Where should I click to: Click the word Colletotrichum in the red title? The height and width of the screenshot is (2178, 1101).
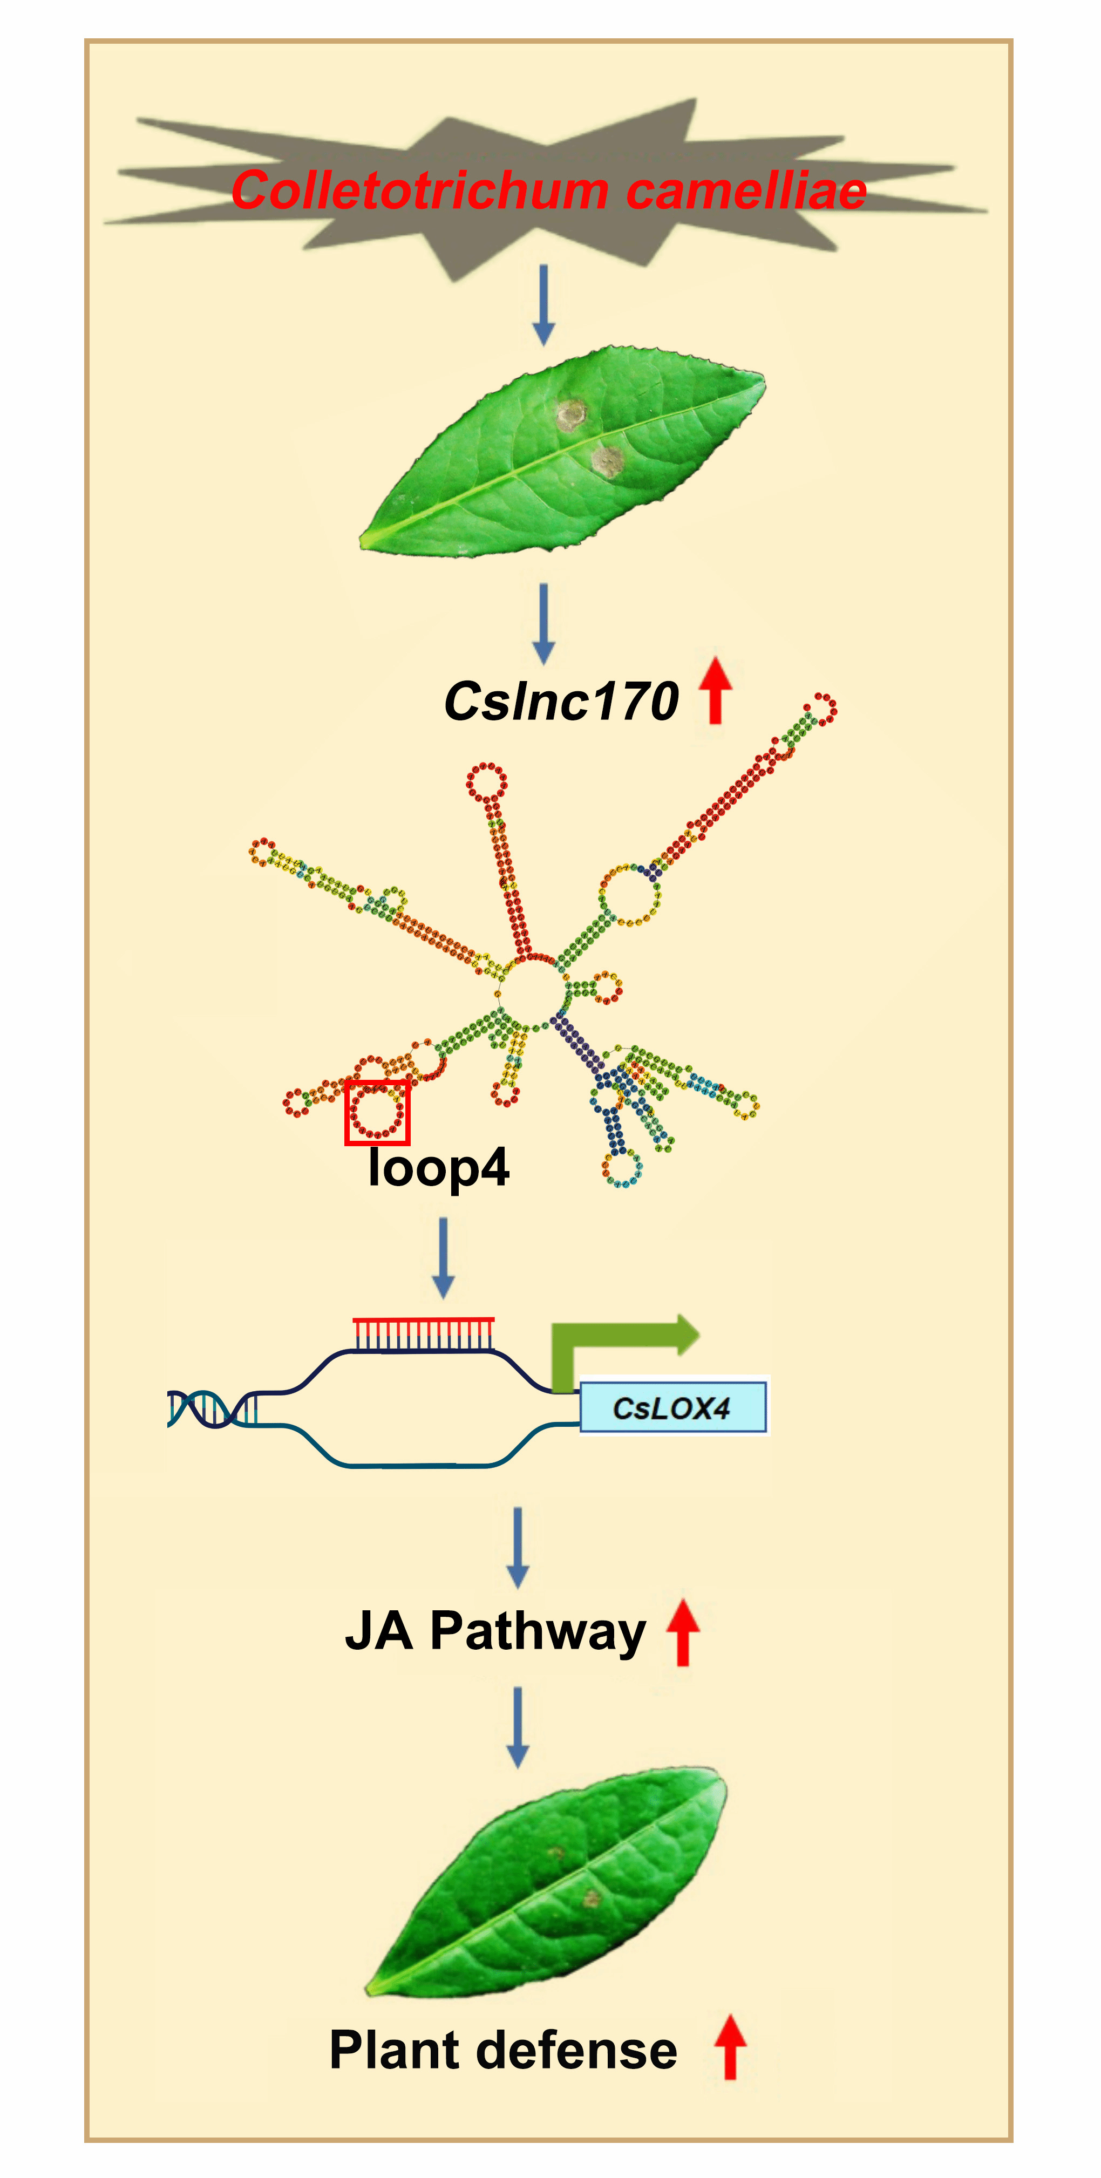(x=419, y=190)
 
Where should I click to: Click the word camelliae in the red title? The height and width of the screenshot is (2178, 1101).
(x=746, y=190)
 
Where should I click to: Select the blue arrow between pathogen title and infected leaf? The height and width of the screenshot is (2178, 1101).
(x=543, y=304)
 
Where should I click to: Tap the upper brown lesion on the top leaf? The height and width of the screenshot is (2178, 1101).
(x=572, y=414)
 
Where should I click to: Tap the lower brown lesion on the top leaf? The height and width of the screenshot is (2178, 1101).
(x=607, y=461)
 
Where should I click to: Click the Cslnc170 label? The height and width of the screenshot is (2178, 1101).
(x=561, y=702)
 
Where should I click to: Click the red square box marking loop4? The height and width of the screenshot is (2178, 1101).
(x=377, y=1113)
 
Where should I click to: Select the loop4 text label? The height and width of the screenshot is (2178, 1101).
(x=439, y=1168)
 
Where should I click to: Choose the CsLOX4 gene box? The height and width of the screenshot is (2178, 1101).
(x=672, y=1408)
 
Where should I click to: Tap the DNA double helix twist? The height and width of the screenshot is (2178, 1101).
(x=212, y=1408)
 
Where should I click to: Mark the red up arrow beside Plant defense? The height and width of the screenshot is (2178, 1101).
(x=730, y=2046)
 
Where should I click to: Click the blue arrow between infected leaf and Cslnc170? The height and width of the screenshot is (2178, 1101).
(x=543, y=622)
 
